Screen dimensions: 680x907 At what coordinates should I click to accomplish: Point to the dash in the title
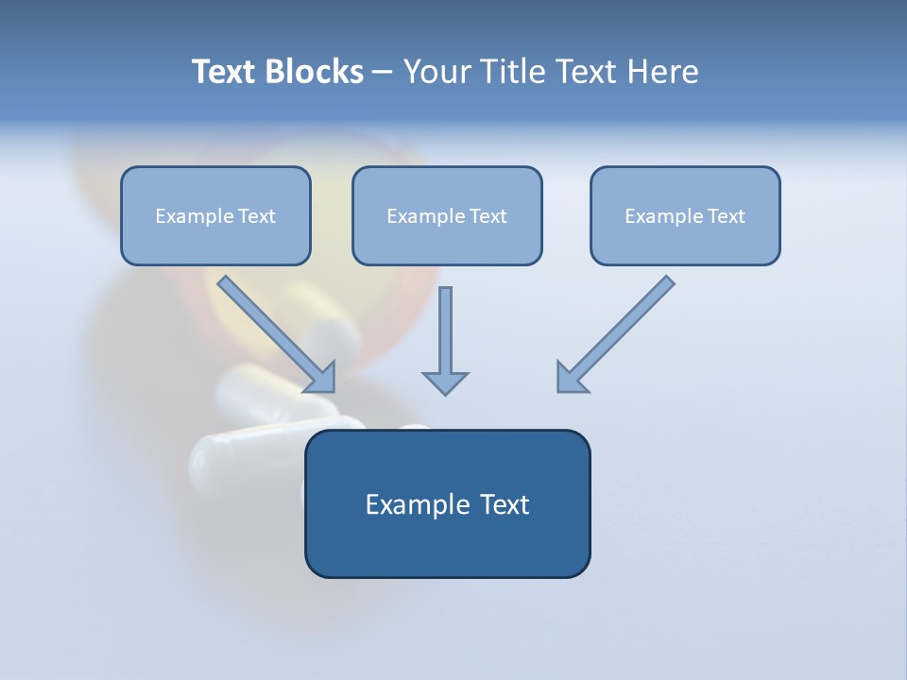(383, 73)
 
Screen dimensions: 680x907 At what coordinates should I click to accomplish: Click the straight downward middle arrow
(445, 331)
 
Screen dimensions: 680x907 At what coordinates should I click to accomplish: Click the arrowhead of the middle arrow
(445, 382)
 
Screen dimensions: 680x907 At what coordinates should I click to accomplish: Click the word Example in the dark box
(417, 505)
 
